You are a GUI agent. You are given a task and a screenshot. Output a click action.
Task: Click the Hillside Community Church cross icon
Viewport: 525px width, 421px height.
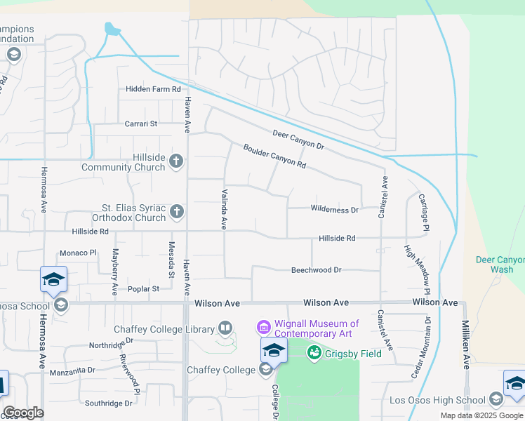176,162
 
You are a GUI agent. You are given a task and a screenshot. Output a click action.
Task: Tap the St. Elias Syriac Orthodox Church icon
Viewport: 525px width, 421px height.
178,211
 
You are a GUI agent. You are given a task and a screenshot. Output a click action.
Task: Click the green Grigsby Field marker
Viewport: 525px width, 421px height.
314,353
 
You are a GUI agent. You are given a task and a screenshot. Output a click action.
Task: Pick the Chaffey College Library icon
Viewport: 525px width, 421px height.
225,328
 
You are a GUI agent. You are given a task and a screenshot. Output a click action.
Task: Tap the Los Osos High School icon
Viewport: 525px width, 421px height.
496,401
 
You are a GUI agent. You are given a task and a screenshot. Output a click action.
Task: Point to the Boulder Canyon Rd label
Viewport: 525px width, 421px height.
274,156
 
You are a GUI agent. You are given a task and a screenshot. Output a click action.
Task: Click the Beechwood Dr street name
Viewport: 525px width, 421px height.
316,270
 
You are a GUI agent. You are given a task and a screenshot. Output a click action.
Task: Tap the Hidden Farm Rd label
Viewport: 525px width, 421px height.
153,89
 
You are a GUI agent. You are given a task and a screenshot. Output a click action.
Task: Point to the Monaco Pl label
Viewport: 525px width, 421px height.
77,253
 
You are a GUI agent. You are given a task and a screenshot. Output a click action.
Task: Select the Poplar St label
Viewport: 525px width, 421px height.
143,288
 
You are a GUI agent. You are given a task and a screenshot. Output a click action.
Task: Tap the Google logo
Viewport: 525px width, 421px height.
23,413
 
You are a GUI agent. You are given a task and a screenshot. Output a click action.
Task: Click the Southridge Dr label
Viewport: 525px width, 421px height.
108,403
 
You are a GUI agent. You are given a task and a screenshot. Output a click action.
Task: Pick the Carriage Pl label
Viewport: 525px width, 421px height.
424,213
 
